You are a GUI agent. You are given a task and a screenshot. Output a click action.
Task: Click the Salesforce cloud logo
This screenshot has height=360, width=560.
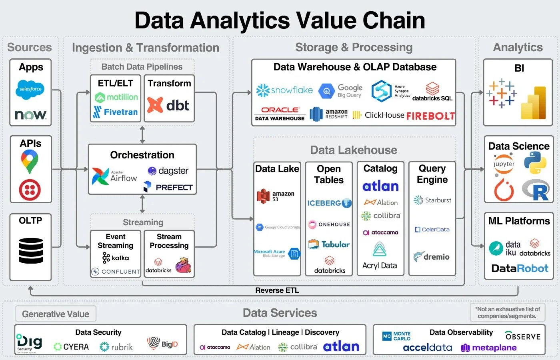click(x=30, y=89)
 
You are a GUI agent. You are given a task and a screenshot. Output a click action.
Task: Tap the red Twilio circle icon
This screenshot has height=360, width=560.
click(x=30, y=190)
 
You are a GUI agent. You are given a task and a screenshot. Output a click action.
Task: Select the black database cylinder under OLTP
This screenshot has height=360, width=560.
click(x=31, y=250)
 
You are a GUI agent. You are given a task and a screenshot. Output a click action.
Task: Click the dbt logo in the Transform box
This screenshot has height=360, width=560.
click(x=168, y=105)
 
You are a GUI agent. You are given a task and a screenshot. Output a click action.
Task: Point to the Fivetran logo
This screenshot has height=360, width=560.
click(x=115, y=112)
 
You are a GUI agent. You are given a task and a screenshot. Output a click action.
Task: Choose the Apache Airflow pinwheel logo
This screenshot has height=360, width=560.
click(x=100, y=176)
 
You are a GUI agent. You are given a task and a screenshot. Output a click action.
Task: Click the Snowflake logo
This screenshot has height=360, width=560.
click(x=284, y=90)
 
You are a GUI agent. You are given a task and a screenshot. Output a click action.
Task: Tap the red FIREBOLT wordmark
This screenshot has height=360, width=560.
click(x=431, y=116)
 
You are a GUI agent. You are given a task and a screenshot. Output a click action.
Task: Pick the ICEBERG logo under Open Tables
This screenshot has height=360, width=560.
click(x=329, y=203)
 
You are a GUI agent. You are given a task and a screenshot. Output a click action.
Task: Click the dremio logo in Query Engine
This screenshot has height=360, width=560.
click(x=432, y=257)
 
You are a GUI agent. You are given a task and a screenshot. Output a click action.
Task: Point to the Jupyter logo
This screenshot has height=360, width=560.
click(x=504, y=164)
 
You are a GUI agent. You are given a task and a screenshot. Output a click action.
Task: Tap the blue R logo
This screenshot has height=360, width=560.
click(x=536, y=190)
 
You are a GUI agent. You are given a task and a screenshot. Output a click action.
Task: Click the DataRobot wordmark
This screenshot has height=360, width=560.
click(x=520, y=268)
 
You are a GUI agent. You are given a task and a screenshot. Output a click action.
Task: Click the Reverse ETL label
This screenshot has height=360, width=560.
click(x=277, y=290)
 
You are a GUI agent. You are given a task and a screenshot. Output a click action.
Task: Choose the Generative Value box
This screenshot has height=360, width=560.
click(x=56, y=314)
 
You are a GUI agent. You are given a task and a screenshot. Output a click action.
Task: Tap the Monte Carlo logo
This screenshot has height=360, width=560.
click(x=396, y=336)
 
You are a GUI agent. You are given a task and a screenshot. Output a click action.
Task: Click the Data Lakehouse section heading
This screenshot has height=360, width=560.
click(x=354, y=150)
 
